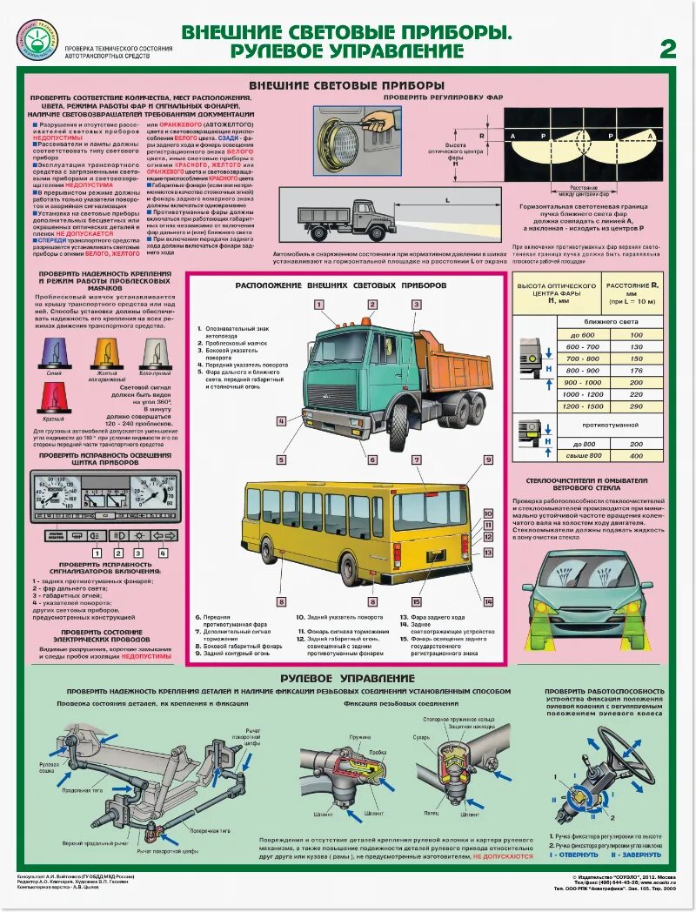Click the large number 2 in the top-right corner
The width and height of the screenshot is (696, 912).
[667, 49]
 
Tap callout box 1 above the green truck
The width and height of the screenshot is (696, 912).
[319, 305]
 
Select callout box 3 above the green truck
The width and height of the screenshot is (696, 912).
[417, 305]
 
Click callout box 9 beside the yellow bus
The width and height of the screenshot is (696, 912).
[488, 459]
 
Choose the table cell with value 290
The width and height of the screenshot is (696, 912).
[636, 406]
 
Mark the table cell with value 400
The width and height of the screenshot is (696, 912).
[636, 455]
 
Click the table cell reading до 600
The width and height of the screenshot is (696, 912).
[583, 335]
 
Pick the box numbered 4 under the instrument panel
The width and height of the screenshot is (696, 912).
[163, 553]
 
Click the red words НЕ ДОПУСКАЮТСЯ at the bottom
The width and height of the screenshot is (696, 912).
[503, 856]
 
